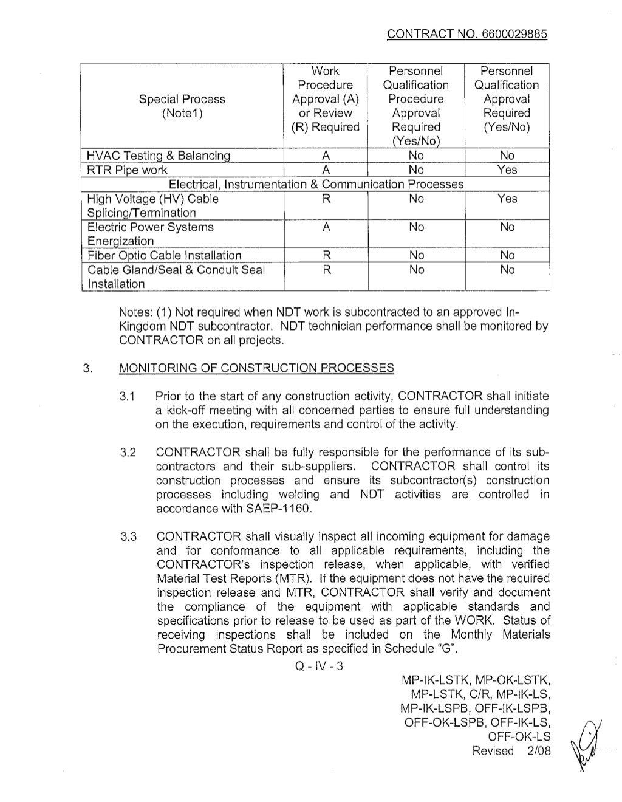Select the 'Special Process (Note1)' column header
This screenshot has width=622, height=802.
(x=182, y=106)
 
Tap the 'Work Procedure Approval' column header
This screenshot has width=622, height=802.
(x=326, y=99)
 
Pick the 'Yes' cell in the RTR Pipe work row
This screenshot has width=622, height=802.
(x=507, y=170)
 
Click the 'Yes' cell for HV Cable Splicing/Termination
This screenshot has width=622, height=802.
(x=507, y=199)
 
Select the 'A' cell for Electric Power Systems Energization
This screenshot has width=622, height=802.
(x=326, y=227)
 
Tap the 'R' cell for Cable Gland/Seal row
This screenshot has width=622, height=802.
(x=326, y=270)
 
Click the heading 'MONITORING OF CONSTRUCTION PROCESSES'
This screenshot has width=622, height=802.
(x=256, y=368)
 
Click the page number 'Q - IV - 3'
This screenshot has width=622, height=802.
(x=318, y=666)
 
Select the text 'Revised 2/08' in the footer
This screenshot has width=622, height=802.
(x=511, y=750)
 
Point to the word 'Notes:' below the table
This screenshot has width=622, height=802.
(x=137, y=312)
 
